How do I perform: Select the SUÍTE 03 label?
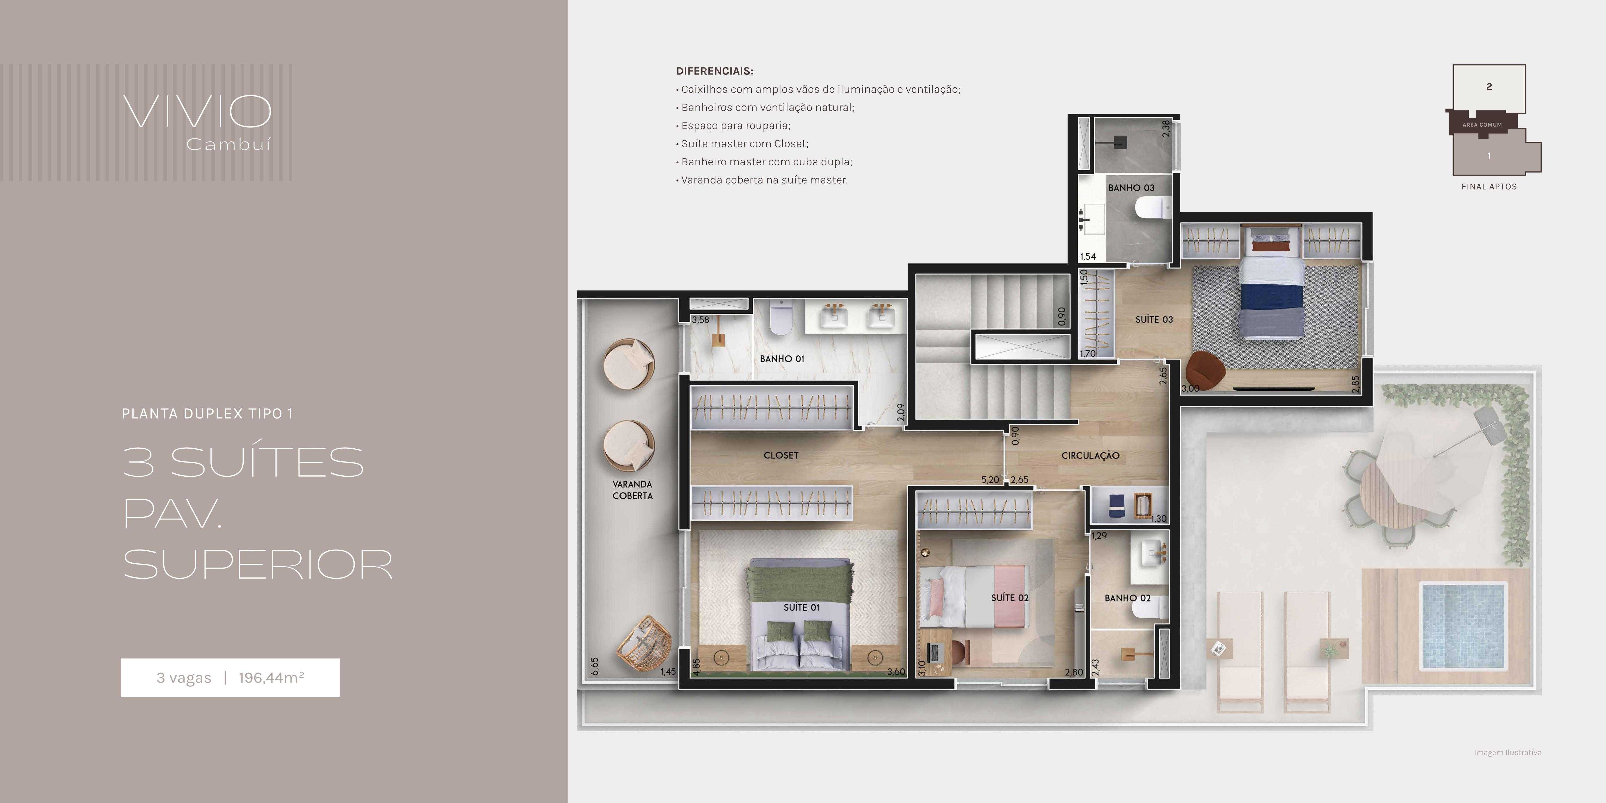coord(1154,319)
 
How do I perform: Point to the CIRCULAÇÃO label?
coord(1090,456)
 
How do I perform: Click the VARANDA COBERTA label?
coord(632,490)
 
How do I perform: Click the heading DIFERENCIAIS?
coord(714,71)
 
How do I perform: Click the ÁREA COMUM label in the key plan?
coord(1482,125)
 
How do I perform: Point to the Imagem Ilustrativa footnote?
coord(1508,752)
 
